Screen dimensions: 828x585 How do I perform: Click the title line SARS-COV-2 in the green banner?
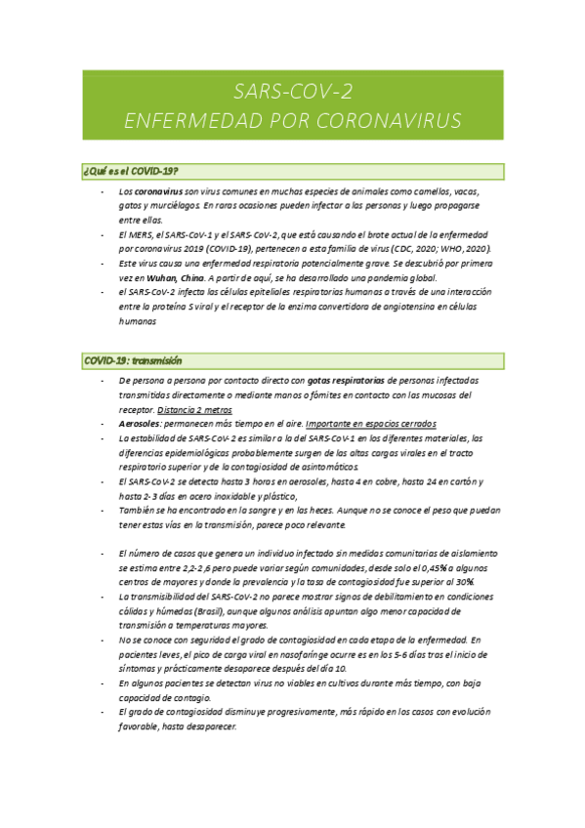293,92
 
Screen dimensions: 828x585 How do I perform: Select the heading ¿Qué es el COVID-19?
131,172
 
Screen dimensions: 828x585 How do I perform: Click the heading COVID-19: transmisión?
133,360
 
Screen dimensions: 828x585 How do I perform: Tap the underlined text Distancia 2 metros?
192,409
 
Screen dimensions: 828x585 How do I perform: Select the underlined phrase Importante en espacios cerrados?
371,424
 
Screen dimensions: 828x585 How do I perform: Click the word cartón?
462,481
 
